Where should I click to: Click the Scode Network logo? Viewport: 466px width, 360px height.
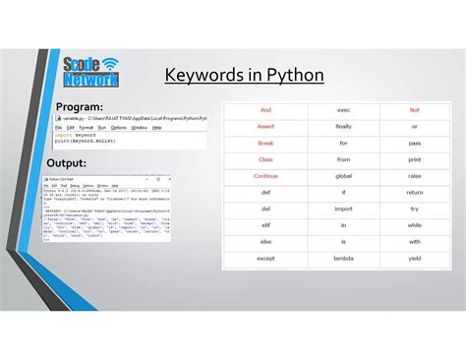point(90,72)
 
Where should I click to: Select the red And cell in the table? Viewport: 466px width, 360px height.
point(265,110)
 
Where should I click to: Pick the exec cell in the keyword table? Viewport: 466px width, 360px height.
point(343,110)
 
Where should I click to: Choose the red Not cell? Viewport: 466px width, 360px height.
point(415,110)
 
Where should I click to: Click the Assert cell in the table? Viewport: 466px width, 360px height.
point(265,127)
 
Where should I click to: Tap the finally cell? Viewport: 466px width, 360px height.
point(343,127)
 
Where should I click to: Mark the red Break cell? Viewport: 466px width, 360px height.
point(265,144)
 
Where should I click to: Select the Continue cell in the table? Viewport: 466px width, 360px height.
point(265,176)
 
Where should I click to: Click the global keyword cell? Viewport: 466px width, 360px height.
point(343,176)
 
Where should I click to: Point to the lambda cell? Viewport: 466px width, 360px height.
point(343,259)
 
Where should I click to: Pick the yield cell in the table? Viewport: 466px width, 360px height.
point(415,259)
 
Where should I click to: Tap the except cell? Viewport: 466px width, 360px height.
point(265,259)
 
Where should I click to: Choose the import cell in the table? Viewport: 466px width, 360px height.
point(343,210)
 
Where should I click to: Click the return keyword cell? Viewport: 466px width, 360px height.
point(415,193)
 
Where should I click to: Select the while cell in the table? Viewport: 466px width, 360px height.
point(415,226)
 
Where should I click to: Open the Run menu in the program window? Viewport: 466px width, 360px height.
point(99,127)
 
